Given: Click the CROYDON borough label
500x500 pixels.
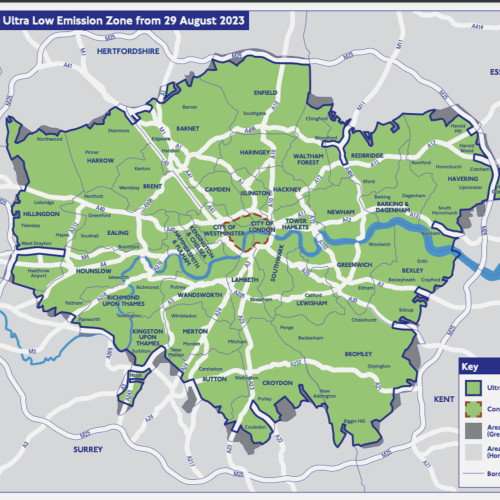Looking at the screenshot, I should coord(278,381).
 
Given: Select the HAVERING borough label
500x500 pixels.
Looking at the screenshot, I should coord(434,179).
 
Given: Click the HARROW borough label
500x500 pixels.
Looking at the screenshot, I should coord(100,159).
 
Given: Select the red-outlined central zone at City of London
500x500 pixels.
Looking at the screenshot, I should coord(237,229).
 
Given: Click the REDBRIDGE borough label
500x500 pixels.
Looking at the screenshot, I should coord(367,157).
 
